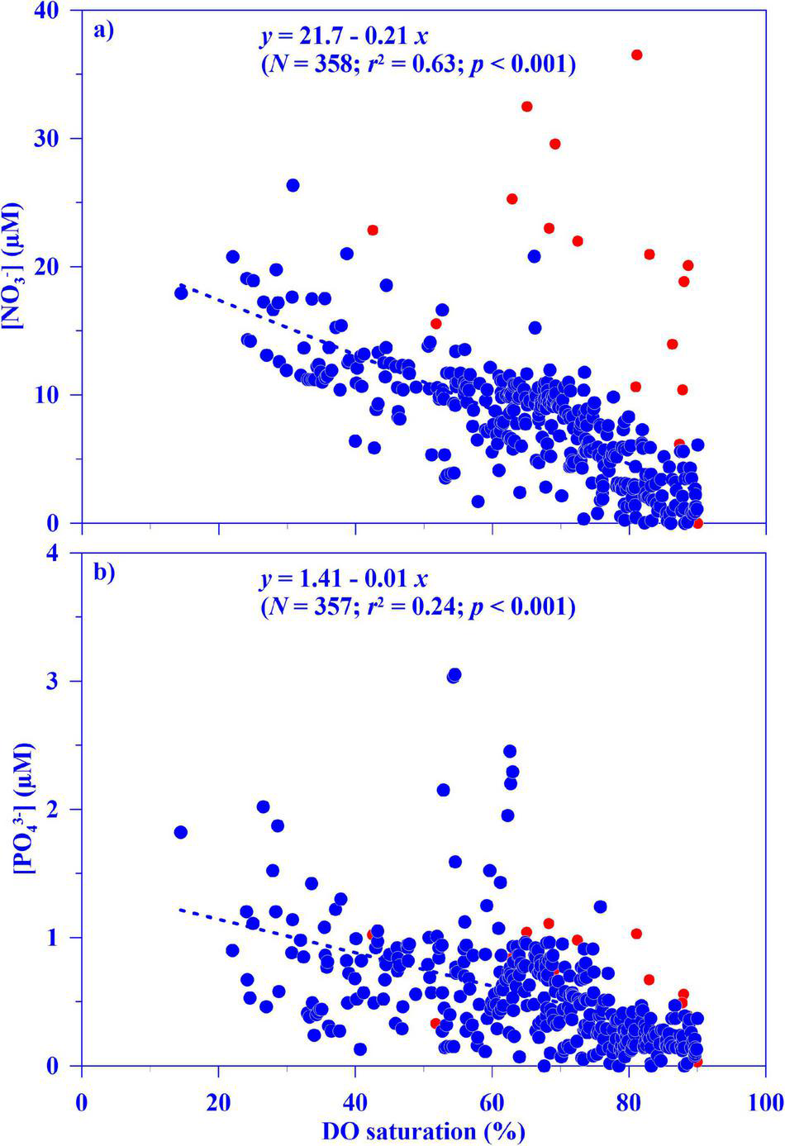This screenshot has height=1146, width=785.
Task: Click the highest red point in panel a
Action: [x=636, y=55]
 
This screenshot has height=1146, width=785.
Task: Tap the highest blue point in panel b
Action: [x=454, y=675]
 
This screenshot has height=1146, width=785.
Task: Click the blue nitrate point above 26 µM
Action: [x=293, y=185]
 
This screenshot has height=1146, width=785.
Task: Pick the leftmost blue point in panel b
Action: [x=181, y=832]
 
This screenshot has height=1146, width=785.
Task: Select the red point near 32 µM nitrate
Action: [x=526, y=107]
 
